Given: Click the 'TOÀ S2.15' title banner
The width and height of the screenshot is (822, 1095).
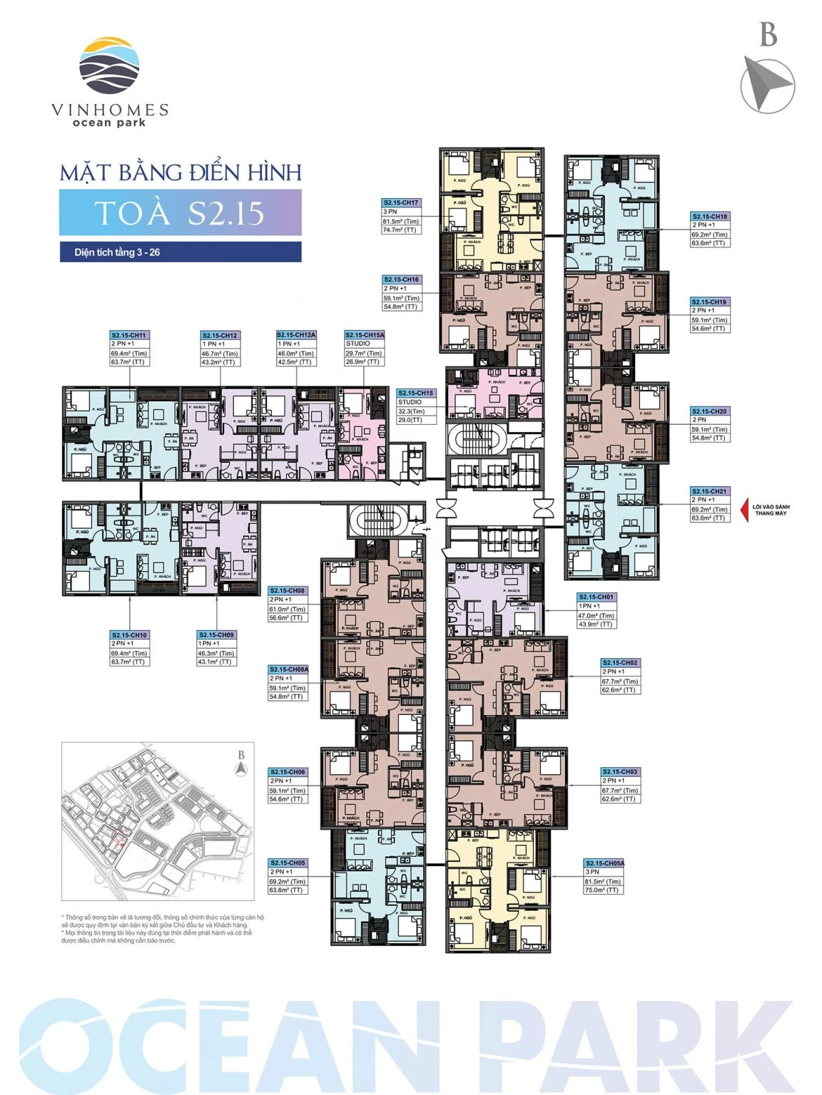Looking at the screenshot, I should click(180, 212).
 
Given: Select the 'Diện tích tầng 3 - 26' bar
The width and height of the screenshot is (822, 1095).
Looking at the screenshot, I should click(180, 252).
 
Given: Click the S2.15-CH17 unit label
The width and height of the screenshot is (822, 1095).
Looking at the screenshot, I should click(402, 203).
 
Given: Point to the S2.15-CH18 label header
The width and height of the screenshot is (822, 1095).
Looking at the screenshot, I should click(710, 216).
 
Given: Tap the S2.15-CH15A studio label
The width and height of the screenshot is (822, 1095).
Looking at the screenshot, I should click(365, 335).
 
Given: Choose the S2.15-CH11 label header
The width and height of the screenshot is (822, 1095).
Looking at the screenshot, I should click(129, 335).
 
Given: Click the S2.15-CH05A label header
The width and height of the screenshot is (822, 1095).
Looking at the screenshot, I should click(604, 863).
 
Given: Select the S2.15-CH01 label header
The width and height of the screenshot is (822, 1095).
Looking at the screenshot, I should click(597, 597).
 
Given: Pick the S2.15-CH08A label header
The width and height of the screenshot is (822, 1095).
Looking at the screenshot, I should click(289, 669).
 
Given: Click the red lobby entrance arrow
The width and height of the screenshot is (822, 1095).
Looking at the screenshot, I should click(746, 510).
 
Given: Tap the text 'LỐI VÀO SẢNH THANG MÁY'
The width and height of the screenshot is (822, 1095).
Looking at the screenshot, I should click(771, 510).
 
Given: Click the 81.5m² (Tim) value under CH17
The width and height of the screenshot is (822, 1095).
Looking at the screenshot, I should click(401, 221).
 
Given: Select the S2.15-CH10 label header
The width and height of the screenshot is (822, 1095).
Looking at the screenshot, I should click(129, 634).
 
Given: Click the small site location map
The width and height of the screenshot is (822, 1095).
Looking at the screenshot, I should click(158, 821).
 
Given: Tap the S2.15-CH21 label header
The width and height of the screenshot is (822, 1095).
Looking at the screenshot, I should click(710, 491).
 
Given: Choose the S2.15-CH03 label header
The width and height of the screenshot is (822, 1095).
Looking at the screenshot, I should click(620, 772).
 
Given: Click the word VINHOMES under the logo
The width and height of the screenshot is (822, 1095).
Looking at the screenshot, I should click(110, 110).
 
